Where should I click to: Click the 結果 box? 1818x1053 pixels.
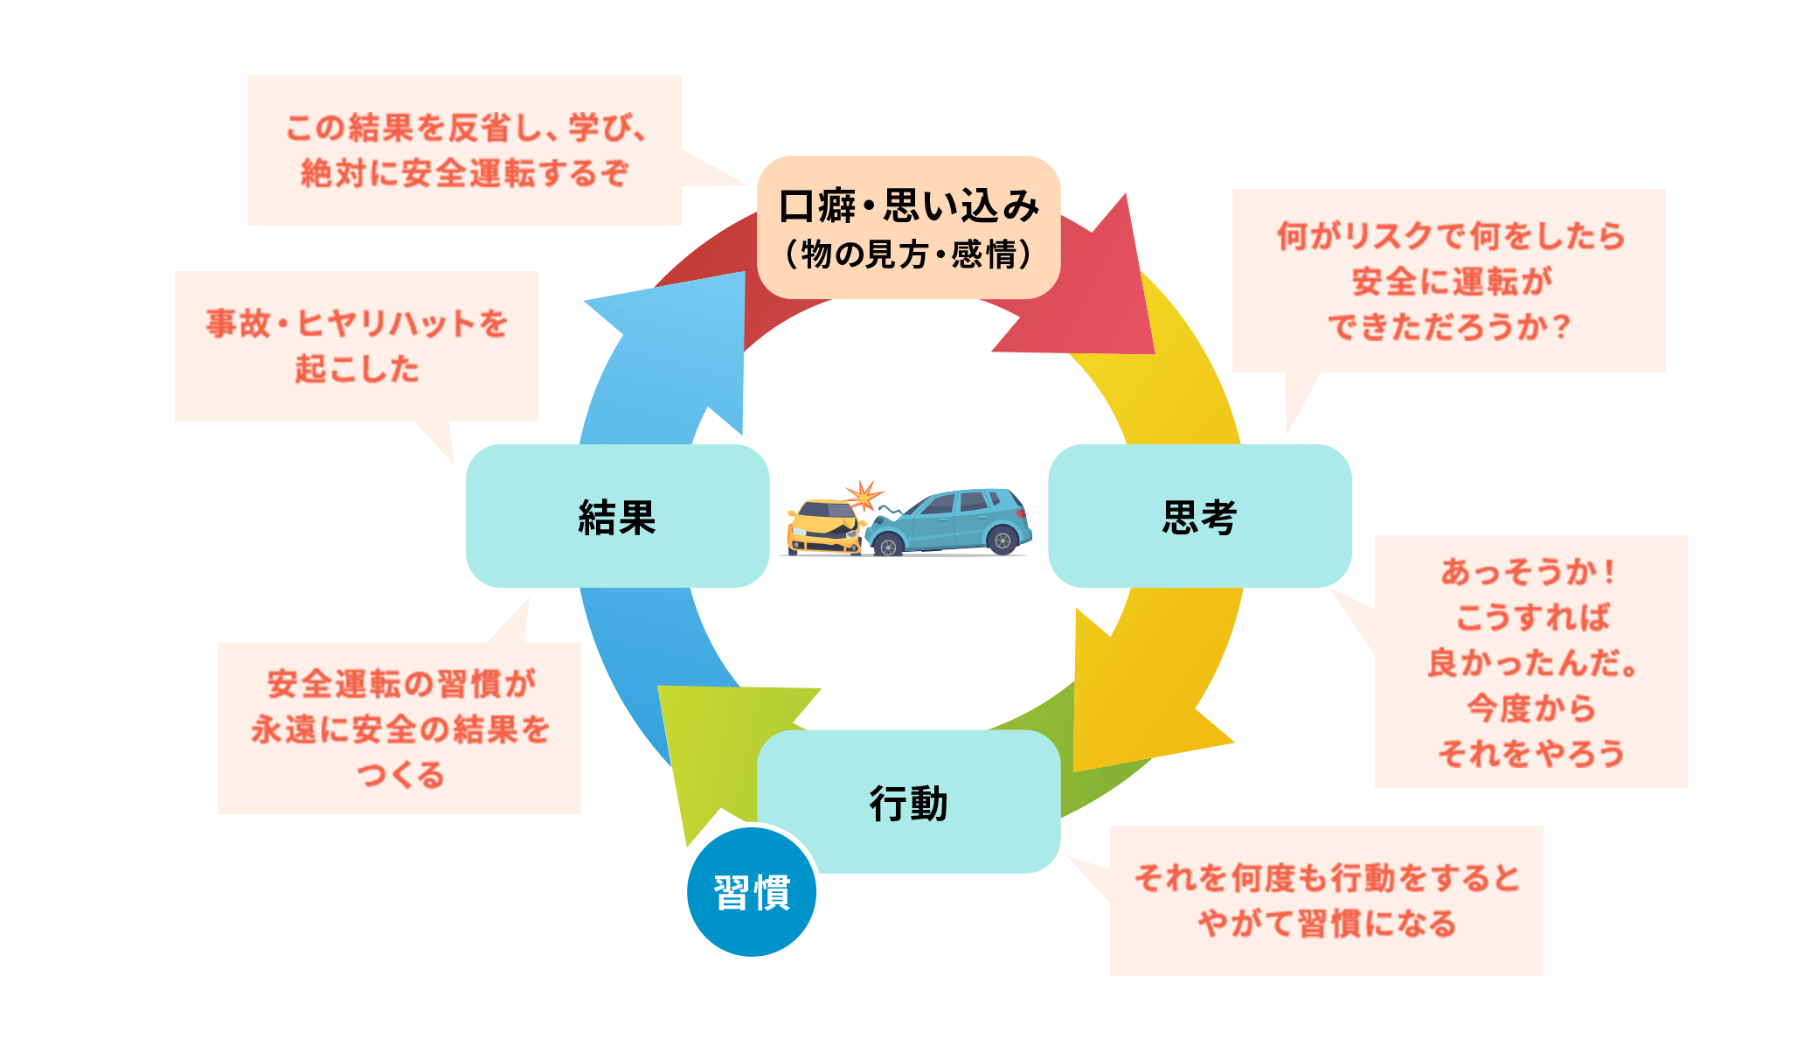click(x=617, y=516)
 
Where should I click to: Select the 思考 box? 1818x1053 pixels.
click(x=1199, y=516)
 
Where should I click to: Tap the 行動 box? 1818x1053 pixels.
click(x=909, y=802)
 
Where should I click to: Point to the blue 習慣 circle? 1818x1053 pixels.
click(x=752, y=893)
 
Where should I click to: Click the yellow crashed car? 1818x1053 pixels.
click(x=823, y=528)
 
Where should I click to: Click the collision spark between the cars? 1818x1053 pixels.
click(x=864, y=495)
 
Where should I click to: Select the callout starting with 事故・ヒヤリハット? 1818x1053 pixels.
click(x=357, y=346)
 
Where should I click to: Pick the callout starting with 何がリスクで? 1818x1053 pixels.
click(x=1448, y=281)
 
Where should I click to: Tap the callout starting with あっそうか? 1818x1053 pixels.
click(x=1530, y=661)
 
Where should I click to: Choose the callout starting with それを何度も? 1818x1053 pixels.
click(x=1326, y=900)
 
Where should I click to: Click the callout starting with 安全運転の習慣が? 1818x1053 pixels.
click(x=399, y=729)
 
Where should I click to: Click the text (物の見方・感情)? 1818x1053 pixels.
click(x=909, y=255)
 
